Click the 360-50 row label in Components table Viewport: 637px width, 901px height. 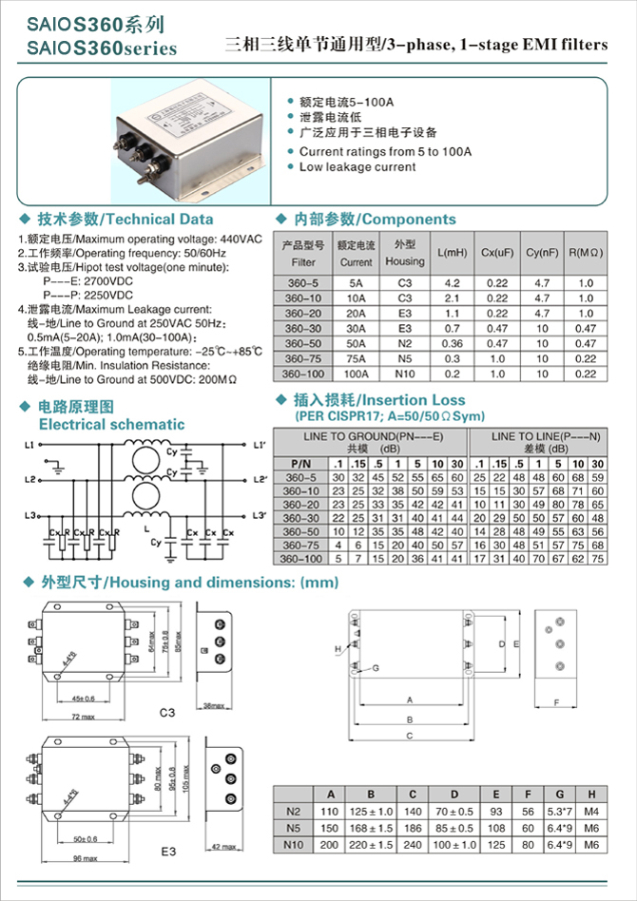point(303,343)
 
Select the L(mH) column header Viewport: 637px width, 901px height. point(452,253)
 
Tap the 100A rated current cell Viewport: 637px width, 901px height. point(356,374)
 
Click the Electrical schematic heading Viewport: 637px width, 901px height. point(111,424)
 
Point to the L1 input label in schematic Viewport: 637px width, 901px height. point(31,445)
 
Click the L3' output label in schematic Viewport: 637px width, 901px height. point(259,515)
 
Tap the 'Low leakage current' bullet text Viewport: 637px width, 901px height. point(357,167)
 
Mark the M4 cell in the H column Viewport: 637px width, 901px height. point(591,813)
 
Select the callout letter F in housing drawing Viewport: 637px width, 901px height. point(555,704)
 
